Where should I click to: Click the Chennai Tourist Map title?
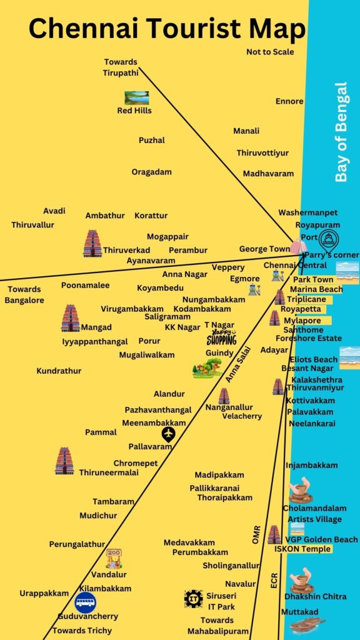[x=167, y=29]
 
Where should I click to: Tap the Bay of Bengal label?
[x=341, y=132]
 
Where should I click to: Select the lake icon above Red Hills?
[x=136, y=97]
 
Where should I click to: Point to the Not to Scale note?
[x=270, y=52]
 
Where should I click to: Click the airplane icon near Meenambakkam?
[x=167, y=434]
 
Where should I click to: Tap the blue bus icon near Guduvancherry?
[x=86, y=603]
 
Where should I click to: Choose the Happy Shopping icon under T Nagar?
[x=221, y=338]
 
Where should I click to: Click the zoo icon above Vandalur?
[x=113, y=558]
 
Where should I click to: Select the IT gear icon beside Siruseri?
[x=193, y=599]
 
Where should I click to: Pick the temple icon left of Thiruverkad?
[x=92, y=243]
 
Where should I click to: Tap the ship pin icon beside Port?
[x=328, y=239]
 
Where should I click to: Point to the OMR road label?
[x=256, y=535]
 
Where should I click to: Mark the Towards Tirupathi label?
[x=120, y=67]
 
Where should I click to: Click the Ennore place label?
[x=289, y=101]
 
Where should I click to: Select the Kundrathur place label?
[x=59, y=371]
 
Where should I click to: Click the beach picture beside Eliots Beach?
[x=349, y=357]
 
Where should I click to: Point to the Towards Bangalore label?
[x=24, y=295]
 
